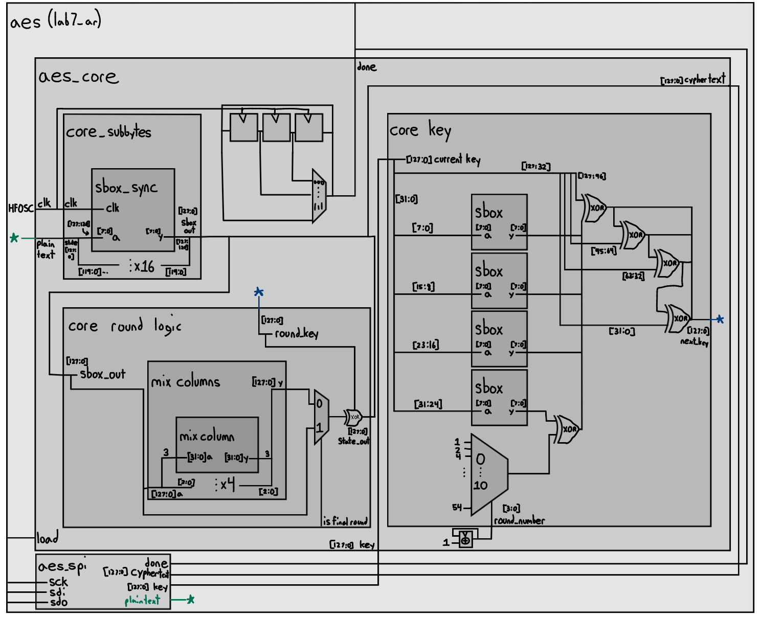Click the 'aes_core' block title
[x=78, y=77]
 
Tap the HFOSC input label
[x=20, y=208]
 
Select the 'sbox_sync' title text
[x=126, y=188]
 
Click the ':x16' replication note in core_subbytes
[x=142, y=266]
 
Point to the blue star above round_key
[x=259, y=292]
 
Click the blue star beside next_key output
[x=720, y=319]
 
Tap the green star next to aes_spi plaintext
[x=190, y=599]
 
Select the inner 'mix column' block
[x=217, y=445]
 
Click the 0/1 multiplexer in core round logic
[x=321, y=417]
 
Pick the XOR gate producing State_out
[x=353, y=417]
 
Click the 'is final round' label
[x=345, y=521]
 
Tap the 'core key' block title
[x=420, y=130]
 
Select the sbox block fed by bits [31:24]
[x=499, y=398]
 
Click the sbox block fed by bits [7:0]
[x=499, y=222]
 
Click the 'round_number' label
[x=519, y=520]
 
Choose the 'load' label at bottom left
[x=47, y=538]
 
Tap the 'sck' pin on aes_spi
[x=58, y=582]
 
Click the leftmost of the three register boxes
[x=243, y=127]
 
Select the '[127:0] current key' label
[x=443, y=159]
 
